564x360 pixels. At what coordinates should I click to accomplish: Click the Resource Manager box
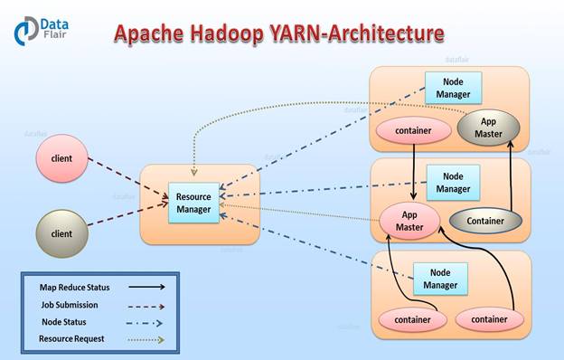click(194, 204)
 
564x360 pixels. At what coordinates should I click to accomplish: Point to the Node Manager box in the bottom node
click(441, 279)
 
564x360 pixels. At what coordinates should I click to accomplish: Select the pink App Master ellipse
click(409, 220)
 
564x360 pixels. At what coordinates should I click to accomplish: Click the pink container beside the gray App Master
click(413, 130)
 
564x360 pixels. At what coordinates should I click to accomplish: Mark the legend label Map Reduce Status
click(74, 287)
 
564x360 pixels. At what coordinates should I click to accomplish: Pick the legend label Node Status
click(66, 322)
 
